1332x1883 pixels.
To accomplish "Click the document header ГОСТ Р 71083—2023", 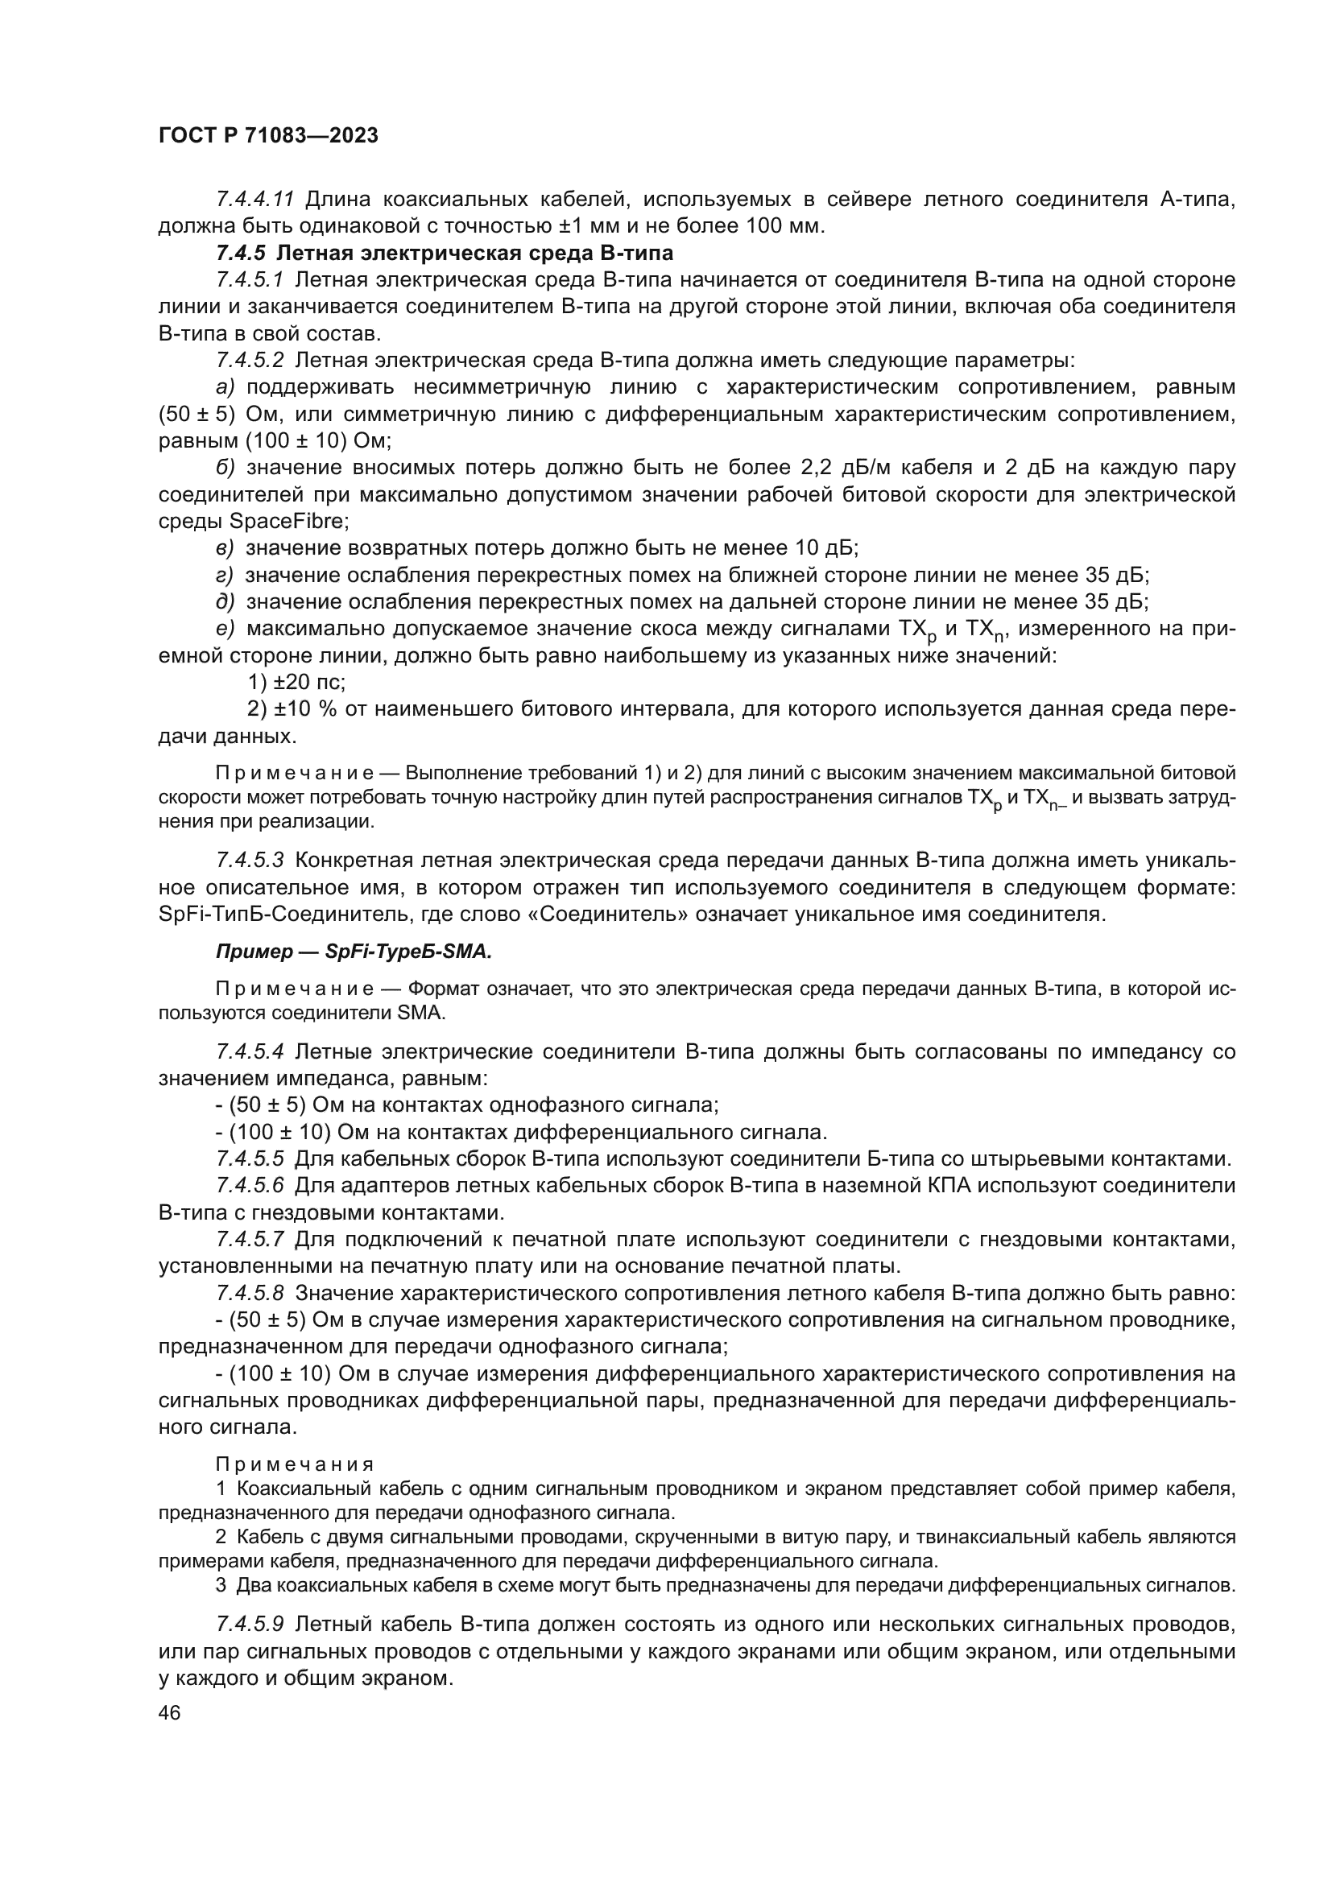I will click(268, 136).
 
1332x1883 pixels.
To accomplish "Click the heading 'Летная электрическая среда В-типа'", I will click(475, 253).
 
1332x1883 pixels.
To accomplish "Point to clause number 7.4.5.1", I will click(250, 279).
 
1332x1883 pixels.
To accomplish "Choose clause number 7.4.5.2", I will click(250, 360).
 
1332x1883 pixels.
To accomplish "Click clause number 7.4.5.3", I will click(250, 861).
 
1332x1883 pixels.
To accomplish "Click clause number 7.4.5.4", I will click(250, 1051).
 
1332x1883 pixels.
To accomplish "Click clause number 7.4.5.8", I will click(250, 1293).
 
